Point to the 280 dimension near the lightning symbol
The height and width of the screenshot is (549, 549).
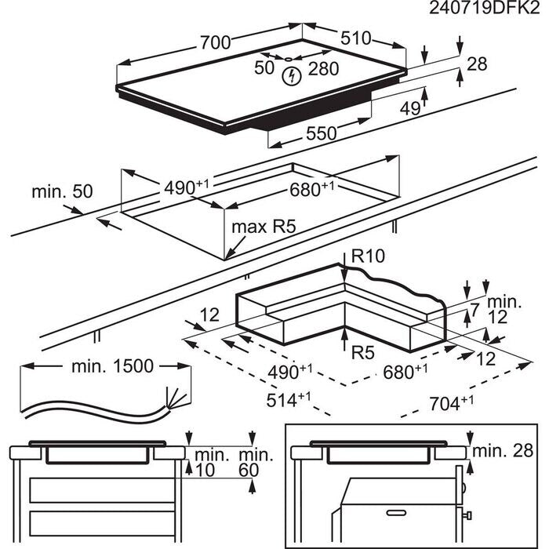322,69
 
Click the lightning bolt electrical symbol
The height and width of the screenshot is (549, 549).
292,76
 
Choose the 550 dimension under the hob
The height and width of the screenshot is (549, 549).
321,134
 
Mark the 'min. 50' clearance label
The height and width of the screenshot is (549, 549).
62,191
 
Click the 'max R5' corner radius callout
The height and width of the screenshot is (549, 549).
263,228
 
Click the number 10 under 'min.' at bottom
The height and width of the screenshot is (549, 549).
205,470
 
